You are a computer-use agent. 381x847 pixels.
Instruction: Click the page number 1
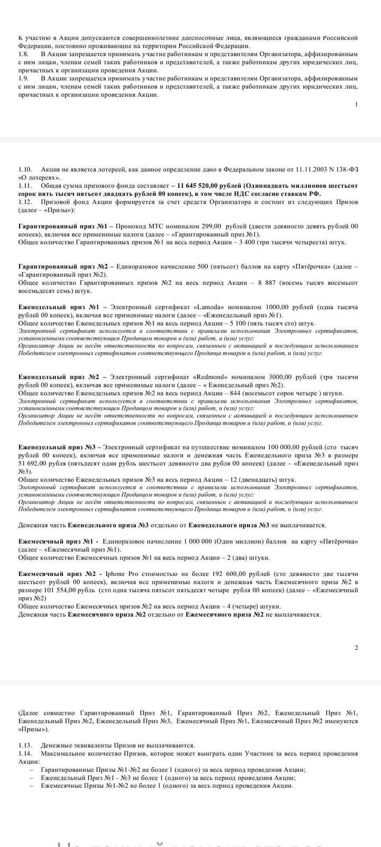[x=356, y=104]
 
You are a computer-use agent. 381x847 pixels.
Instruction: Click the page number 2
[x=356, y=647]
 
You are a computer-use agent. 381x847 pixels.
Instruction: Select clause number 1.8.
[x=23, y=54]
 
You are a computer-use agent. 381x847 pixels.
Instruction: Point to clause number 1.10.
[x=25, y=169]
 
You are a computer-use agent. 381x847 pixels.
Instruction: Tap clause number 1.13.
[x=25, y=745]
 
